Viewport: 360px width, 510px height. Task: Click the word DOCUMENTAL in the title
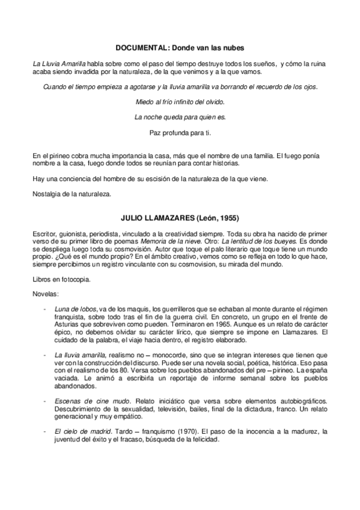[x=140, y=46]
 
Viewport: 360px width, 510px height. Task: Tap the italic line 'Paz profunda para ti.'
[x=180, y=132]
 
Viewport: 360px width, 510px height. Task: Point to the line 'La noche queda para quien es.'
[x=180, y=117]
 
